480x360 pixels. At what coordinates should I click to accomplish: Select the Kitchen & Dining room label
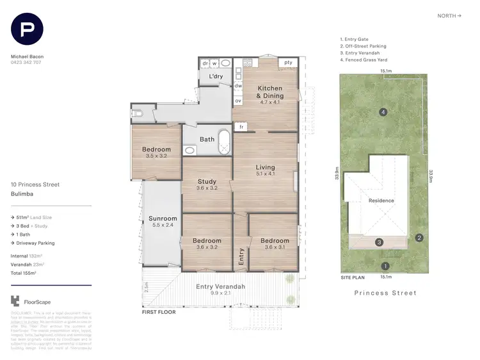[270, 91]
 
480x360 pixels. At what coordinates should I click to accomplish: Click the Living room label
[265, 168]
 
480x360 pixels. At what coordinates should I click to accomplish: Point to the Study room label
[207, 181]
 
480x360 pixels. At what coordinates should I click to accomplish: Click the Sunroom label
[162, 219]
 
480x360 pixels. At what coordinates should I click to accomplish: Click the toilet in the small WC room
[138, 114]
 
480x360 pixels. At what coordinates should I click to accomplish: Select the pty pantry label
[288, 63]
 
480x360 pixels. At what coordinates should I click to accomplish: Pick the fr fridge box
[242, 127]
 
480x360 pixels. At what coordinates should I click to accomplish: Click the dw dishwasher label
[238, 85]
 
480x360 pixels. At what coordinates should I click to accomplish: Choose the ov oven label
[238, 101]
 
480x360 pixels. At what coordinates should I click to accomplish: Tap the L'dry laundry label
[216, 77]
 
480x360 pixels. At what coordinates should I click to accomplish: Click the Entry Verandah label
[221, 286]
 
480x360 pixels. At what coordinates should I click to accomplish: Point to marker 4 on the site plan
[383, 113]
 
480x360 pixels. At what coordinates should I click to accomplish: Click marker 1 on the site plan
[385, 266]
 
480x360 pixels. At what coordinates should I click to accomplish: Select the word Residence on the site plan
[381, 200]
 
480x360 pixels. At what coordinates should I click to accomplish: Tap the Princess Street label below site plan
[385, 293]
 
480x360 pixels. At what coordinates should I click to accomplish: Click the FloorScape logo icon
[15, 301]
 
